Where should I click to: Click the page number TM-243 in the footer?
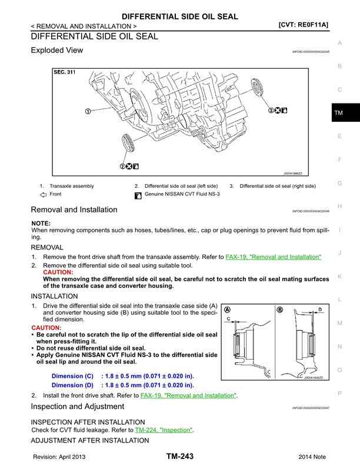click(179, 457)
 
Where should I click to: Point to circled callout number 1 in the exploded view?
click(87, 111)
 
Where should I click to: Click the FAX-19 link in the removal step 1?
click(274, 257)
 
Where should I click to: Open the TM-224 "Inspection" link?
click(164, 430)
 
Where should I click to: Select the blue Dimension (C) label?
click(72, 376)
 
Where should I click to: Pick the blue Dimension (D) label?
click(72, 385)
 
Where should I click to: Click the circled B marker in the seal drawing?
click(279, 310)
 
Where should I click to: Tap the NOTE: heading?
click(41, 224)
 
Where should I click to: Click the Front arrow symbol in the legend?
click(43, 194)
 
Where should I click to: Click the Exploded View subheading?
click(56, 51)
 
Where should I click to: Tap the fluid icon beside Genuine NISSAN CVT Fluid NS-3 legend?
click(138, 195)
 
